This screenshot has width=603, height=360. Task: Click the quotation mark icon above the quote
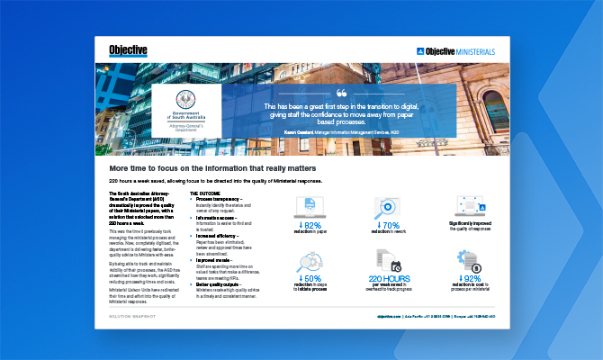pos(340,93)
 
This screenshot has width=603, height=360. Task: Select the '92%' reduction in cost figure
pos(465,279)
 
